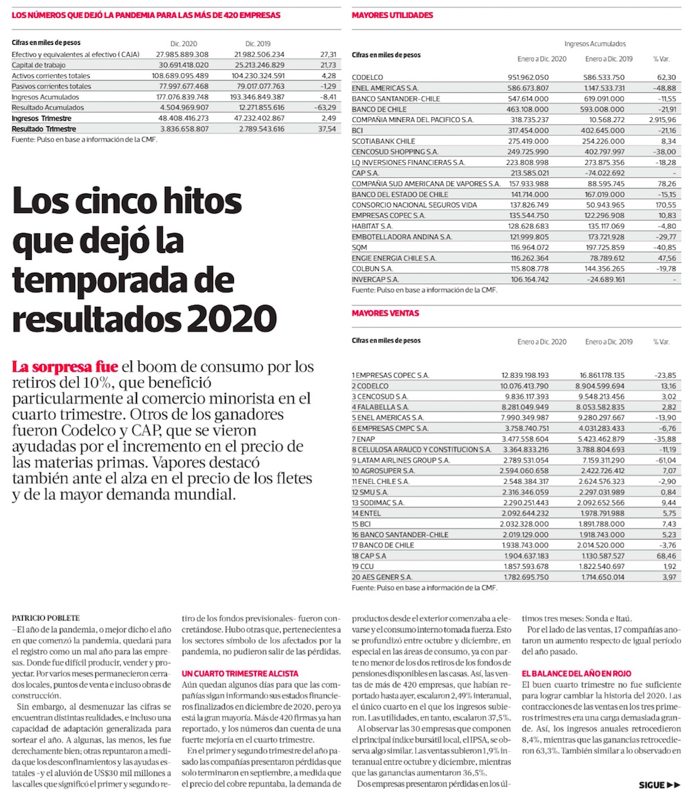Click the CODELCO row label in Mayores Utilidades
[367, 77]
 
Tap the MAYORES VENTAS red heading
[385, 313]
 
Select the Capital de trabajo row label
[38, 65]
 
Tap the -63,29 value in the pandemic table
[322, 108]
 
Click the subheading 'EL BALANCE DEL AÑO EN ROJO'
[577, 671]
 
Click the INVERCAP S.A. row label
[375, 279]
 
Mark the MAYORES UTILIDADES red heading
[392, 15]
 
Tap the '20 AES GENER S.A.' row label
[382, 576]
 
